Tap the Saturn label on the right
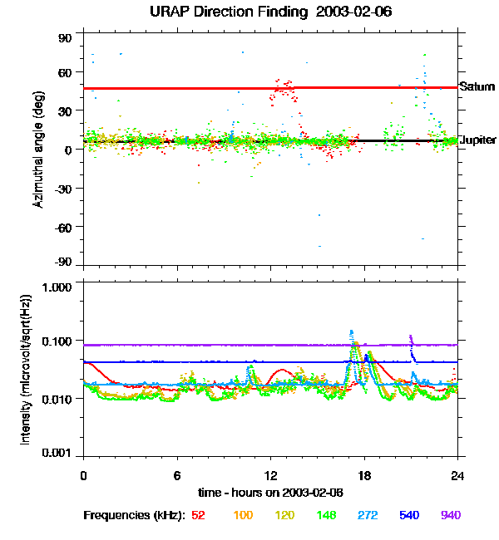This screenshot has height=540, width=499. coord(477,86)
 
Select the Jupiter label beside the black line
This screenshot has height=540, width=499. coord(478,140)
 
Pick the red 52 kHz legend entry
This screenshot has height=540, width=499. coord(198,515)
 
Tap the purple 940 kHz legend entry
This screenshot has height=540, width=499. coord(450,515)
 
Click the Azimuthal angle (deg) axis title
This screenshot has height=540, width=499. coord(38,150)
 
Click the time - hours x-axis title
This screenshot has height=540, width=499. coord(270,492)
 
